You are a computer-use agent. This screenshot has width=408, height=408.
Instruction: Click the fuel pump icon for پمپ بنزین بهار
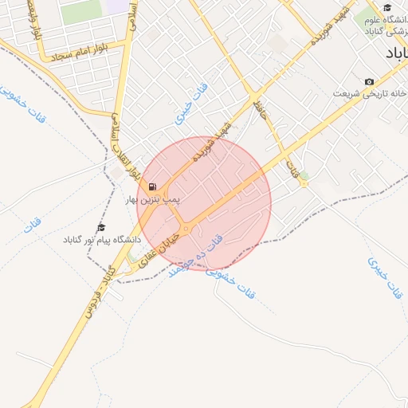(152, 186)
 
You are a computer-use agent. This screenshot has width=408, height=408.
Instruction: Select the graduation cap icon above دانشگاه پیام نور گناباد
(100, 228)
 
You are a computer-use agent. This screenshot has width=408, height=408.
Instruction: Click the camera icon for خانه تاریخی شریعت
(368, 82)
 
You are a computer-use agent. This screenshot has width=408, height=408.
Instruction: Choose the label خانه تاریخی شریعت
(368, 93)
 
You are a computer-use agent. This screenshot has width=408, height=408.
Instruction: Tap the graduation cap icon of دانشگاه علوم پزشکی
(387, 7)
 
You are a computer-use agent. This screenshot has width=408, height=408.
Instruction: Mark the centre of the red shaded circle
(204, 203)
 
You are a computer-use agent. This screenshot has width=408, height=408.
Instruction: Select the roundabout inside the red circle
(186, 229)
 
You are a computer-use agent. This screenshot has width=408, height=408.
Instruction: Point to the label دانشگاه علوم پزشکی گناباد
(381, 24)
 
